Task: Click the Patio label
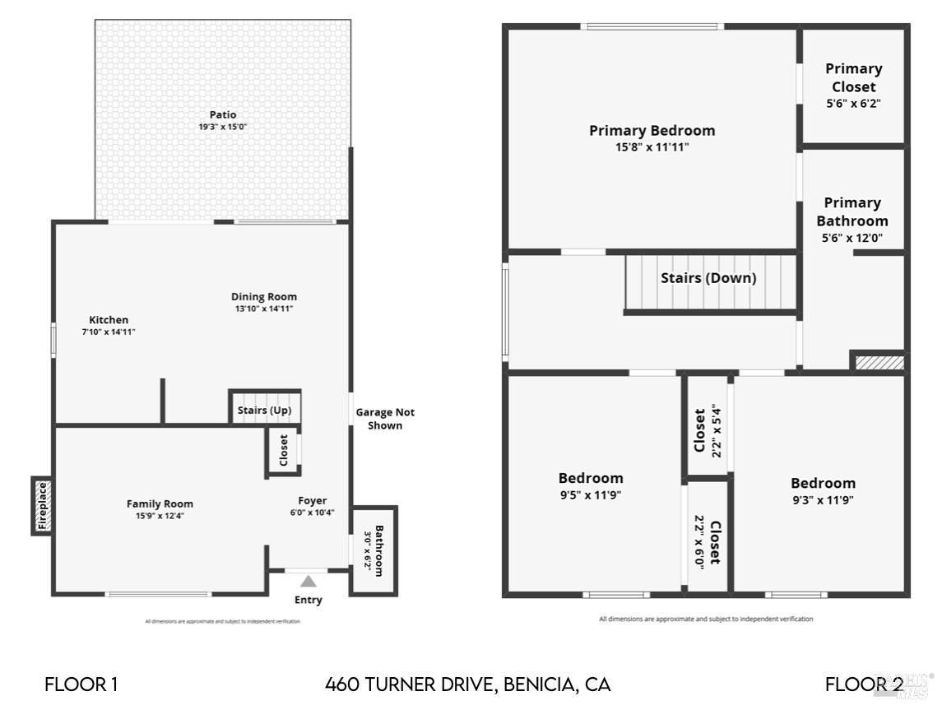222,114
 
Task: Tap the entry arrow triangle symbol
308,582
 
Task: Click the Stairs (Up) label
264,411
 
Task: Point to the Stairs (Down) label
708,278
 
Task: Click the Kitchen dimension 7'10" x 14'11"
108,332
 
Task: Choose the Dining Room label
263,297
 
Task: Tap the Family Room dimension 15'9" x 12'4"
160,517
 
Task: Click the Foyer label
312,500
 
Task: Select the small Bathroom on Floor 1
374,550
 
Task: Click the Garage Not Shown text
385,419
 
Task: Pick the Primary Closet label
853,77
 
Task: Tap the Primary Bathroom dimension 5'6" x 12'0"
852,239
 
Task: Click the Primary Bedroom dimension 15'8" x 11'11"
652,147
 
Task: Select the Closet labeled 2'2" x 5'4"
707,428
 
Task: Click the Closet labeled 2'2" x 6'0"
707,541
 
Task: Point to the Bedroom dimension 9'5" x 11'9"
591,495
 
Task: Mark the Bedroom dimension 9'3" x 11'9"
823,499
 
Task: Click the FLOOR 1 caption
81,684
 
